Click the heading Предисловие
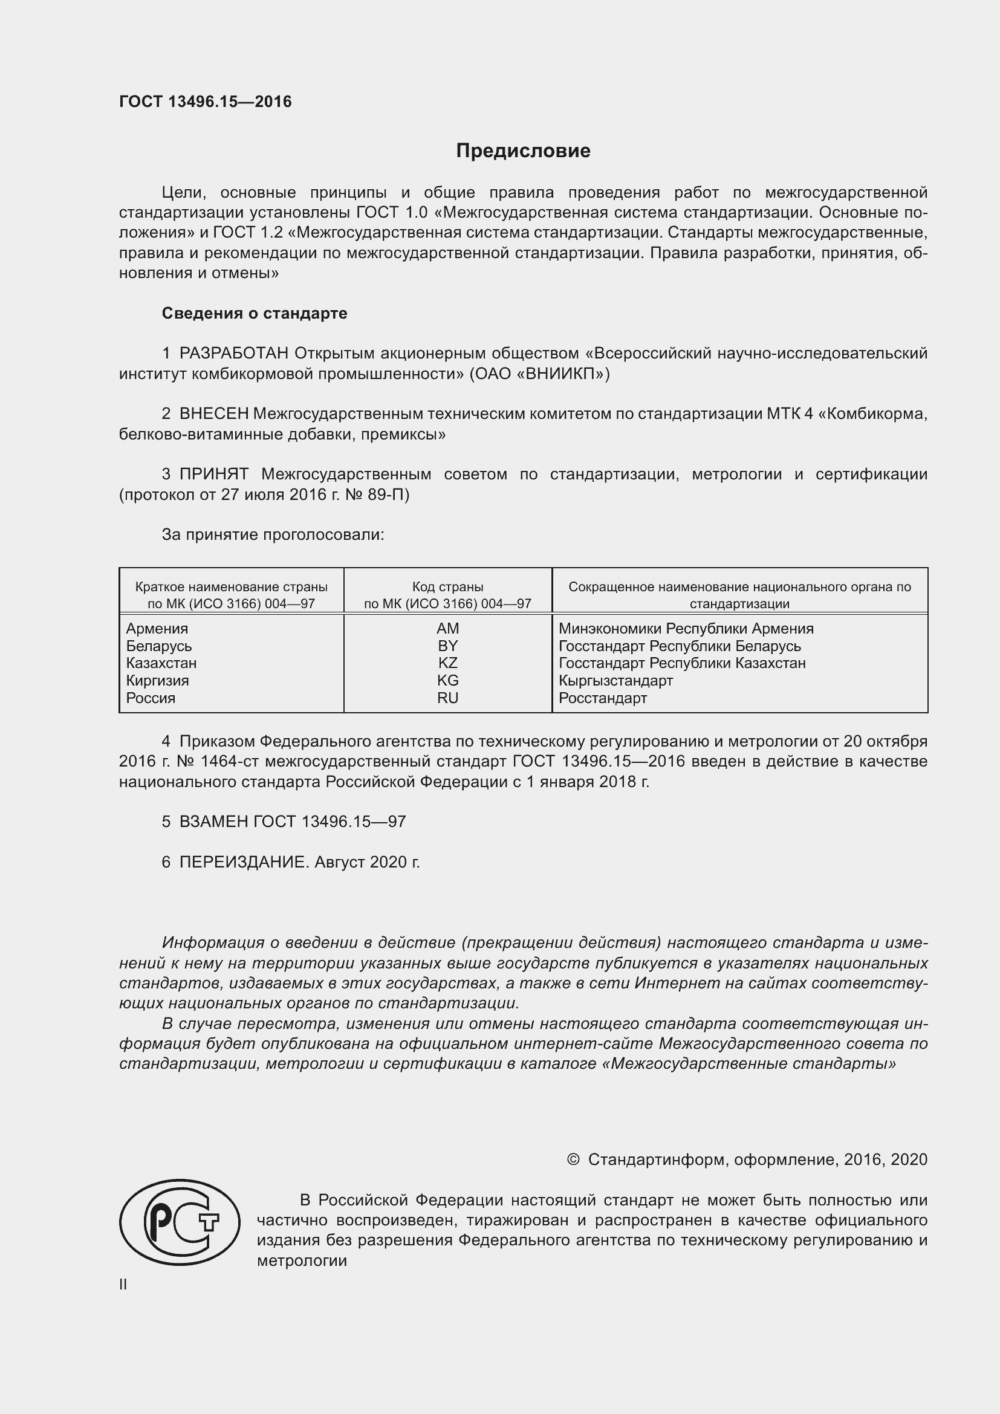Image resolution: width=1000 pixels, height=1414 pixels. [x=523, y=151]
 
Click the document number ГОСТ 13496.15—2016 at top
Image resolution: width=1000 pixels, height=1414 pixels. [x=205, y=102]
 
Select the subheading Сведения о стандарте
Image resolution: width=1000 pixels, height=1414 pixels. [x=255, y=313]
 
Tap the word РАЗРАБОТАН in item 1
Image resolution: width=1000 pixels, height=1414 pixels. [x=234, y=353]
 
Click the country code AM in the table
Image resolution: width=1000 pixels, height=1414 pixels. [x=447, y=628]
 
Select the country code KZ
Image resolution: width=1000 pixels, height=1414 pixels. [x=447, y=663]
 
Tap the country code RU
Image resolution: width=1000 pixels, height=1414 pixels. [x=447, y=698]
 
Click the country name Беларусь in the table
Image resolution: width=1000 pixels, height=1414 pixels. [x=159, y=646]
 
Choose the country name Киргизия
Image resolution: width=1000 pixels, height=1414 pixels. [x=157, y=681]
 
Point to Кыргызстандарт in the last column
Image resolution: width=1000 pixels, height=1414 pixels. [x=615, y=681]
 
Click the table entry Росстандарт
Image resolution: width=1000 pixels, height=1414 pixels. [x=602, y=698]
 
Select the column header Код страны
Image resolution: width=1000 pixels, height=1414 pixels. [x=447, y=587]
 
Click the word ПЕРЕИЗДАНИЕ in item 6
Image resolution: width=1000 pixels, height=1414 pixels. [x=243, y=861]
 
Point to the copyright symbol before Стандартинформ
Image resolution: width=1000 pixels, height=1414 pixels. [x=573, y=1159]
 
